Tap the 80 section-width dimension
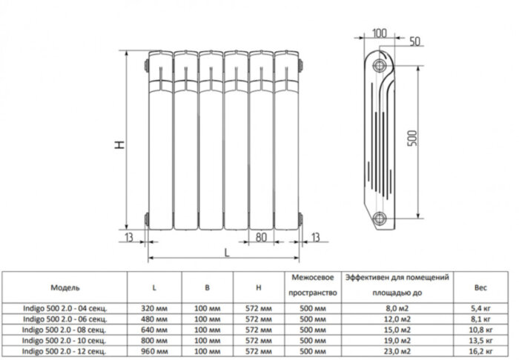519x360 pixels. (261, 238)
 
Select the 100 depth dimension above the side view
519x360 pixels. (379, 33)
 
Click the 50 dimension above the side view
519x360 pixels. (414, 39)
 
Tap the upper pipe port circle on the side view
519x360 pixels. (381, 63)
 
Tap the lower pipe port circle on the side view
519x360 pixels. (381, 217)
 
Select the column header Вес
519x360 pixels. (480, 286)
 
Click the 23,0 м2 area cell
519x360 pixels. (397, 353)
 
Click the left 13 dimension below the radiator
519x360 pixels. (130, 237)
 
